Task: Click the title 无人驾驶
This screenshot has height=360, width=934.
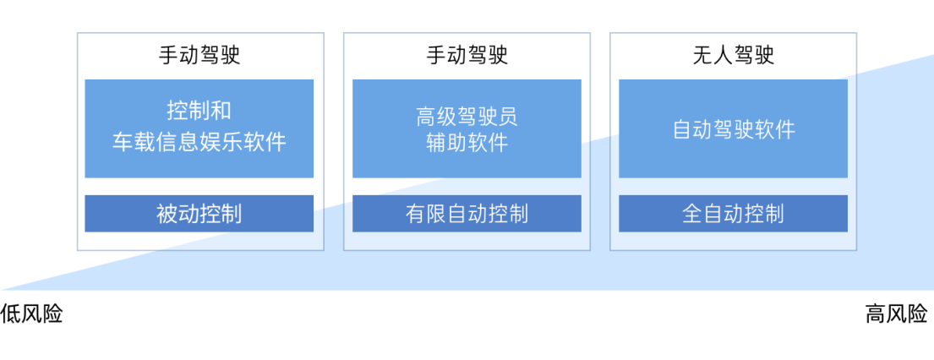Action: coord(733,56)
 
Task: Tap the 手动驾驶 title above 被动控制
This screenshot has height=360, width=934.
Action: coord(199,56)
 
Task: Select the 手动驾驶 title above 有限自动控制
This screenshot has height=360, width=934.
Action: coord(467,56)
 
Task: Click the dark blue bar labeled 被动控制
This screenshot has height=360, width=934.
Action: coord(199,214)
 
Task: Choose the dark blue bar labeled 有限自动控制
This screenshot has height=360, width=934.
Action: coord(467,214)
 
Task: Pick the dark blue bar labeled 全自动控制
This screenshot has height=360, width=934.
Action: coord(733,214)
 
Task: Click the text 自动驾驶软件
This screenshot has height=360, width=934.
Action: coord(733,129)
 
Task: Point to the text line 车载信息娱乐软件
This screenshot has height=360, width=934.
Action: coord(199,142)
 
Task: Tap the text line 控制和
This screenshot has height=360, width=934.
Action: coord(199,111)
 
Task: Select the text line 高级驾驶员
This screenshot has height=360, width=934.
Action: coord(467,116)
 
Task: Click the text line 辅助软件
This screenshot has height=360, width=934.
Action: coord(467,142)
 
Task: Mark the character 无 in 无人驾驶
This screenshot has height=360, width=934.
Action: coord(702,56)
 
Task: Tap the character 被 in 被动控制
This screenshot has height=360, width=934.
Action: coord(167,214)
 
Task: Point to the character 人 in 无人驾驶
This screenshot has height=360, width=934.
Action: coord(723,56)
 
